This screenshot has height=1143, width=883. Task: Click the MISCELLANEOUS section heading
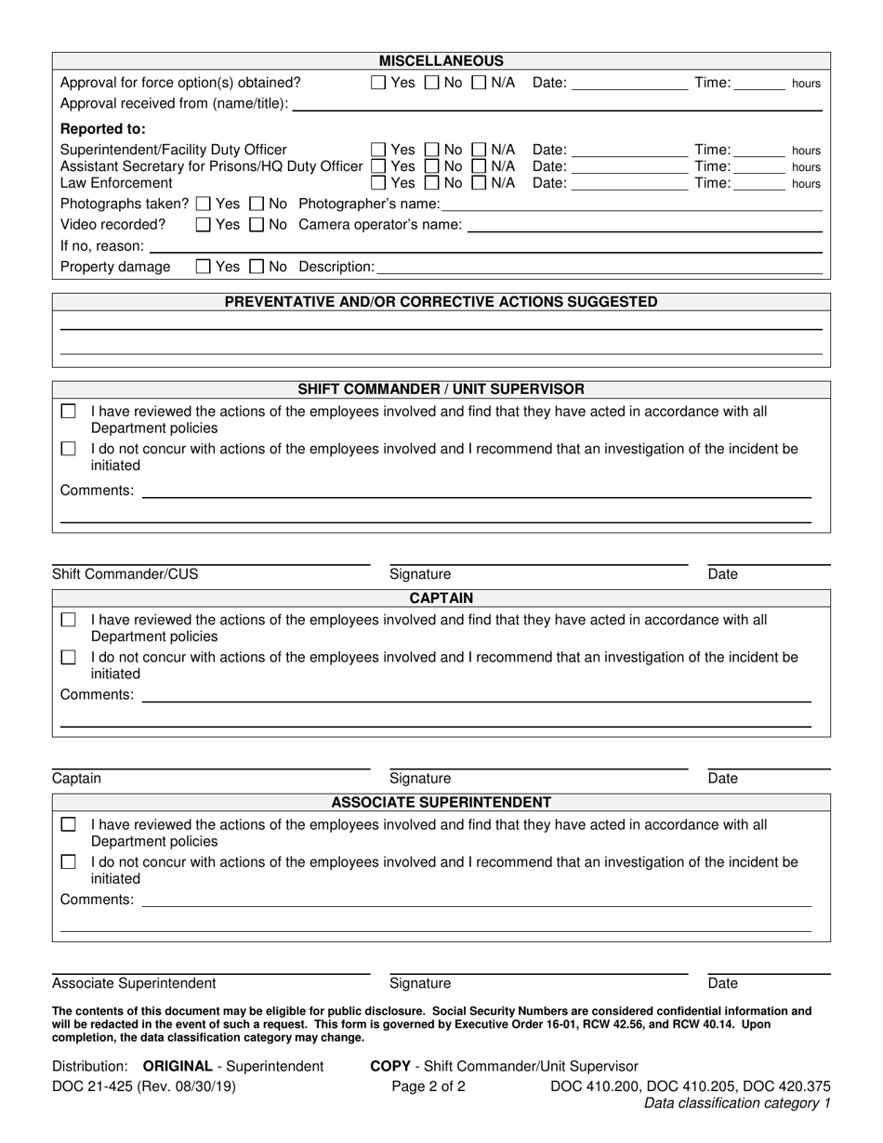pos(441,61)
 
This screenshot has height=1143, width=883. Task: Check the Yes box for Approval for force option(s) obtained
pos(378,83)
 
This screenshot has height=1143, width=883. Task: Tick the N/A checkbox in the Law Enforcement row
pos(479,183)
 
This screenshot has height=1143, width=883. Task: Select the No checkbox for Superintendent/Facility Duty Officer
pos(431,150)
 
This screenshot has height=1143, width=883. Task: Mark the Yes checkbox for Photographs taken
pos(204,204)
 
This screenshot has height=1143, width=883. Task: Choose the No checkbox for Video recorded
pos(257,225)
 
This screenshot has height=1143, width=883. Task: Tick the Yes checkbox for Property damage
pos(204,267)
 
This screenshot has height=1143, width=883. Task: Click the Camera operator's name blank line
pos(644,227)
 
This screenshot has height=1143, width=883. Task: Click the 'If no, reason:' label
pos(102,246)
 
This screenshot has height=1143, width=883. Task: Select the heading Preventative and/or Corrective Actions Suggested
pos(441,302)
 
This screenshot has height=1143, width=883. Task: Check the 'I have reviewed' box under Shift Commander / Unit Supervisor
pos(69,412)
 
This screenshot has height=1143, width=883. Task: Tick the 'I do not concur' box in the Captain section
pos(69,658)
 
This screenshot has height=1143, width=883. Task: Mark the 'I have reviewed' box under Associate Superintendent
pos(69,824)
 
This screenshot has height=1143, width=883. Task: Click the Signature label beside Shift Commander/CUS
pos(420,574)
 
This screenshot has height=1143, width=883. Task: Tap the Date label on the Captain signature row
pos(722,779)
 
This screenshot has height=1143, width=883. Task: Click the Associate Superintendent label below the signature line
pos(134,983)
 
